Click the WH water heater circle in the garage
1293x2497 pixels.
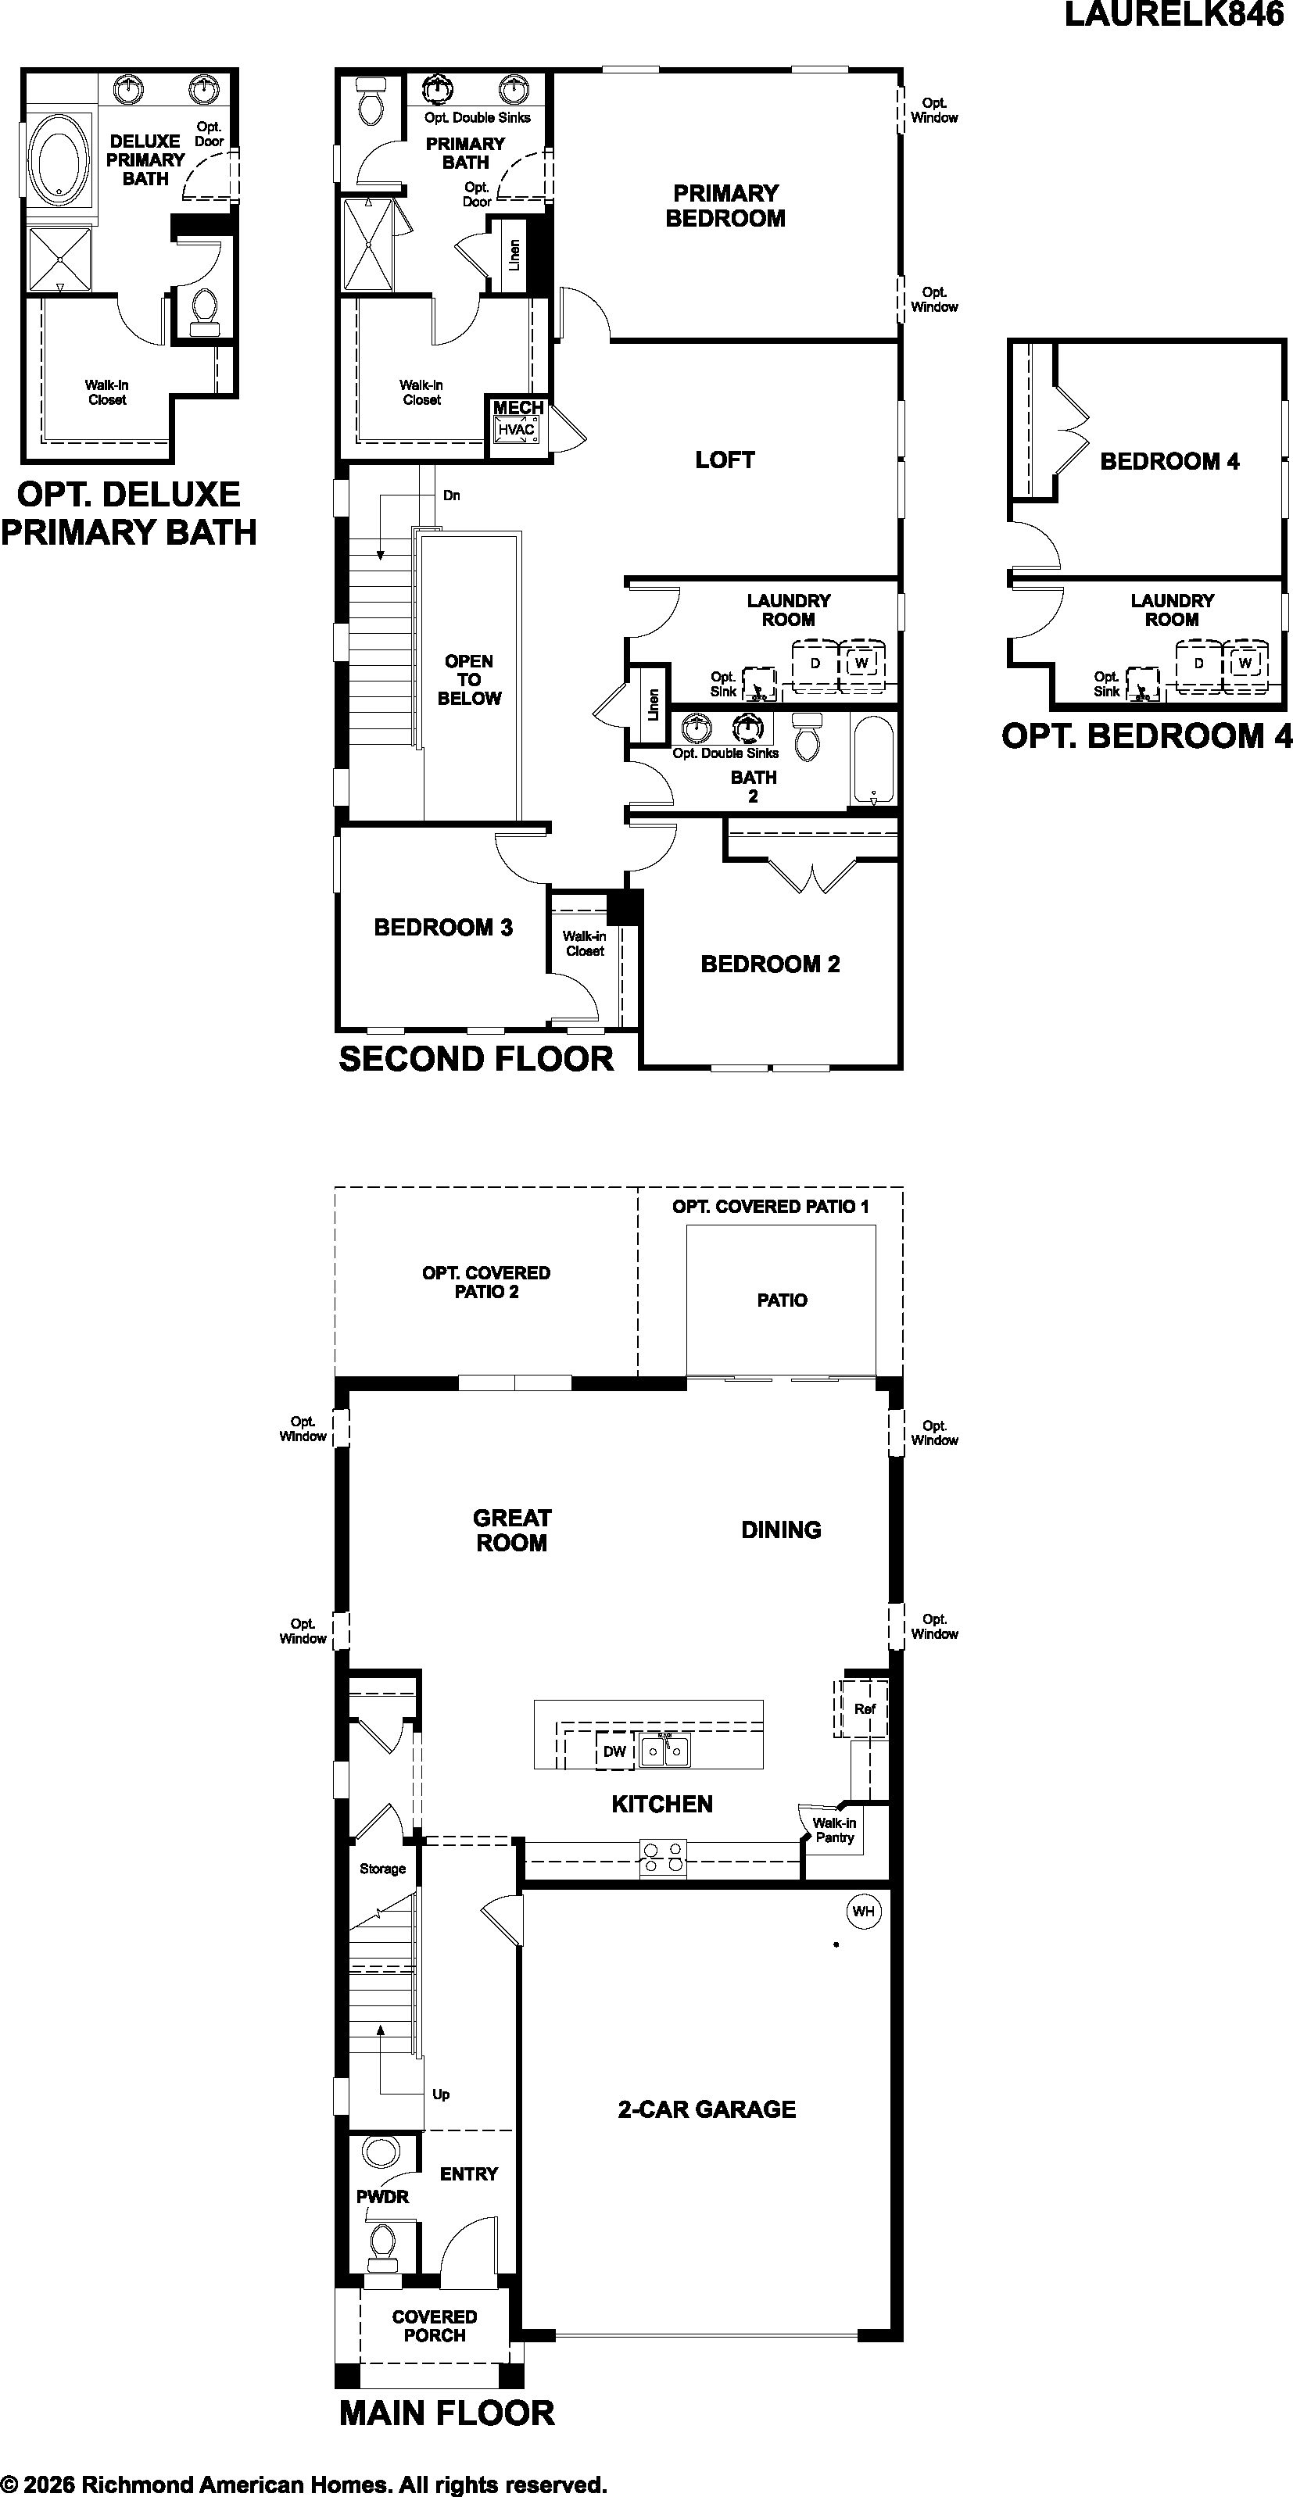coord(862,1912)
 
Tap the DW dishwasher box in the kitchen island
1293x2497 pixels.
coord(614,1751)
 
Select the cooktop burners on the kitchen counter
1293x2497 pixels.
coord(663,1857)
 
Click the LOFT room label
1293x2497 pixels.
coord(725,460)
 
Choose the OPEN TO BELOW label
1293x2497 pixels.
coord(469,679)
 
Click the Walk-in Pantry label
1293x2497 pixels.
coord(835,1830)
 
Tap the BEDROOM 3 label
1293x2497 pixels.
coord(443,928)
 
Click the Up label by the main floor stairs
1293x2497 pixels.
coord(441,2094)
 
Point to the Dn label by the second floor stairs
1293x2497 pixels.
coord(452,495)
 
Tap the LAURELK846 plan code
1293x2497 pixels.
coord(1173,16)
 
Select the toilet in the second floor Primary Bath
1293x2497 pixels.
coord(371,101)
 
